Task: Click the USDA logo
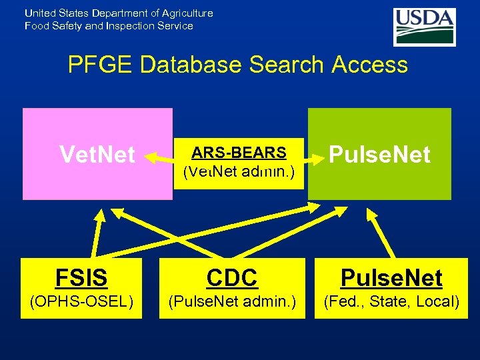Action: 424,26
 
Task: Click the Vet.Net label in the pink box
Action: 97,155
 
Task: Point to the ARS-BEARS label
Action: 239,153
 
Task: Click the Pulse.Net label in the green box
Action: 379,155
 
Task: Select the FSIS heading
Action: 81,277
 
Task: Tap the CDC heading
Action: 233,277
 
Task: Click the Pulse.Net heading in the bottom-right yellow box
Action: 391,277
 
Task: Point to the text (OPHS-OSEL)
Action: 82,302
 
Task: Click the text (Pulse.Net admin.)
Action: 233,302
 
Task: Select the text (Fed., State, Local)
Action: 391,302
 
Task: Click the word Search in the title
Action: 285,65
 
